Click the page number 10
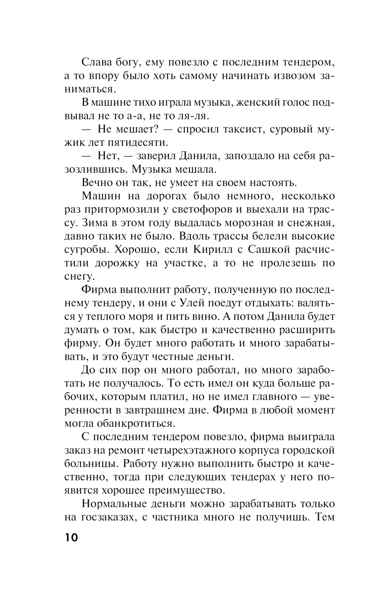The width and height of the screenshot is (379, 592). coord(71,538)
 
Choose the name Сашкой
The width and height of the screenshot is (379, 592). coord(269,250)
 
